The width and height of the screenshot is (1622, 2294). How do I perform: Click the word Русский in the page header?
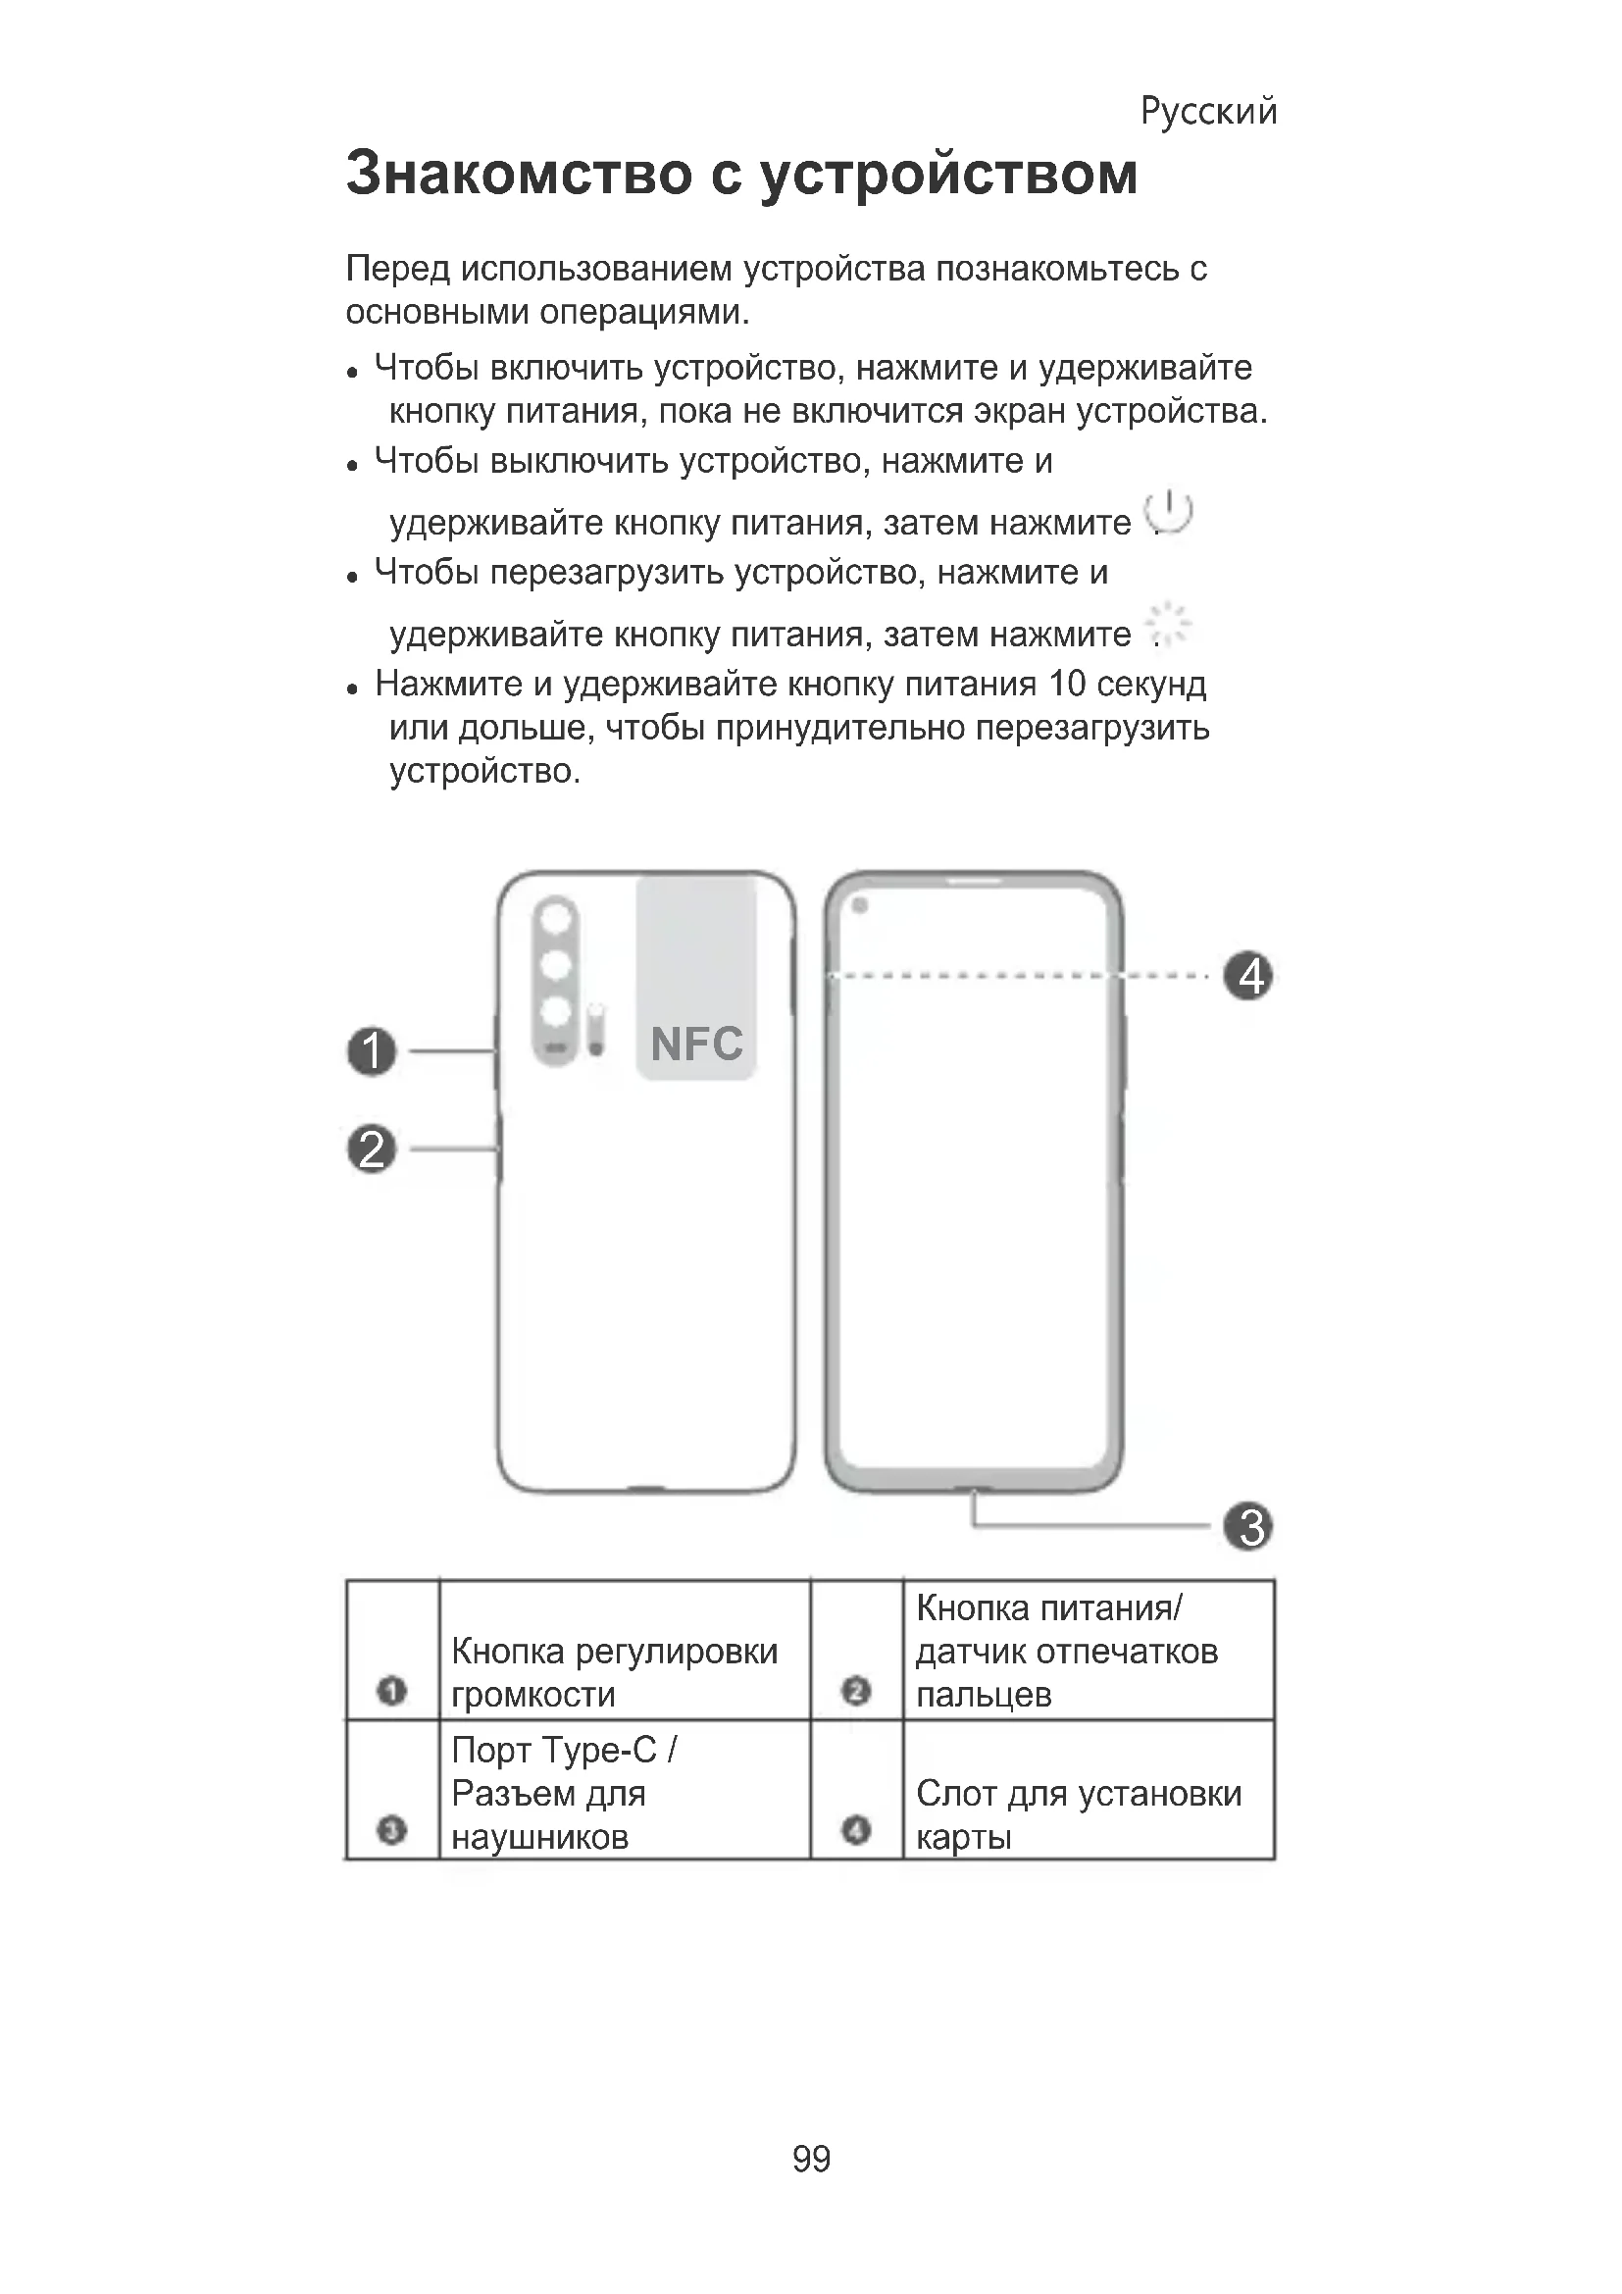pyautogui.click(x=1207, y=111)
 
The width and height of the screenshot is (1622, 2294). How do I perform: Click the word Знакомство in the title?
pyautogui.click(x=519, y=173)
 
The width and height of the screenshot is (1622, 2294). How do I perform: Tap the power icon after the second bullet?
pyautogui.click(x=1170, y=514)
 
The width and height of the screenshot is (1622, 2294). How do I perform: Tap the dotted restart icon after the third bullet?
pyautogui.click(x=1169, y=626)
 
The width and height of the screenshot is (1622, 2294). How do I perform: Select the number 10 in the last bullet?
pyautogui.click(x=1066, y=685)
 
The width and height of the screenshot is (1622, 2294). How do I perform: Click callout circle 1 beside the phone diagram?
pyautogui.click(x=372, y=1051)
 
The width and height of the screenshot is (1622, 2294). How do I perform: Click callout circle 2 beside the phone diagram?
pyautogui.click(x=372, y=1149)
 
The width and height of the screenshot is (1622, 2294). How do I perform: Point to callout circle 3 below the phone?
pyautogui.click(x=1249, y=1527)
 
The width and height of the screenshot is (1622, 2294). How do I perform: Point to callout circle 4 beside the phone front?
pyautogui.click(x=1249, y=976)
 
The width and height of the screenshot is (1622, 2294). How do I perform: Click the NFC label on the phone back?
pyautogui.click(x=696, y=1045)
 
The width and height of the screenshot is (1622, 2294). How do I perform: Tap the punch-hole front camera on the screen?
pyautogui.click(x=860, y=905)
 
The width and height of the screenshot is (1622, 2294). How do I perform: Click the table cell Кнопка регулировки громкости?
pyautogui.click(x=614, y=1671)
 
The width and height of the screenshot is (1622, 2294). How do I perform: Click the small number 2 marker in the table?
pyautogui.click(x=856, y=1691)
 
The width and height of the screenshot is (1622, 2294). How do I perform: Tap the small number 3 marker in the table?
pyautogui.click(x=391, y=1830)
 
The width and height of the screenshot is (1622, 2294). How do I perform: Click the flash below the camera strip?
pyautogui.click(x=596, y=1030)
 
